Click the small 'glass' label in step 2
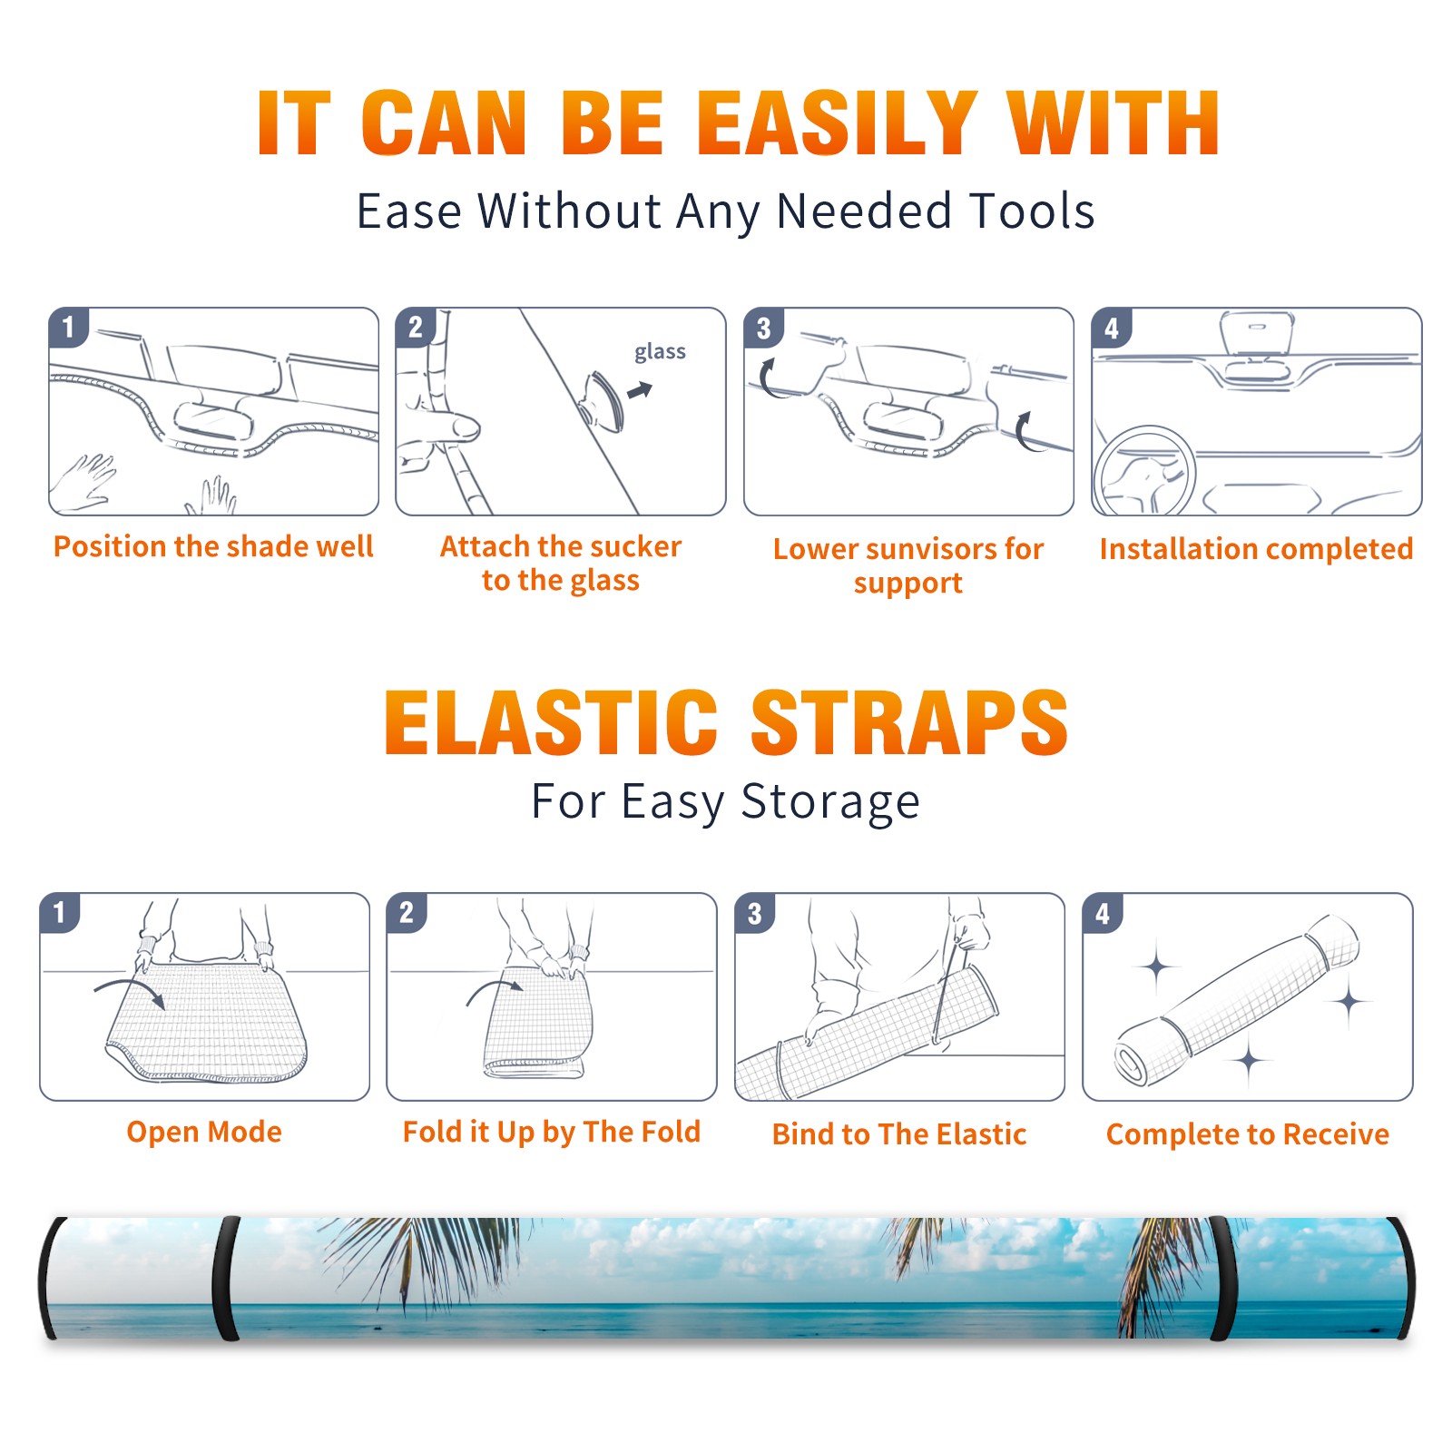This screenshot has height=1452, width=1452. click(660, 352)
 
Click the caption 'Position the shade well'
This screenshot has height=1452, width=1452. click(213, 546)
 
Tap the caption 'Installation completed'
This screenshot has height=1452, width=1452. click(1256, 548)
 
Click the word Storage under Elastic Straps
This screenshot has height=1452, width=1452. click(830, 802)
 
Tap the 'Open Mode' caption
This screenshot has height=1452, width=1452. click(204, 1132)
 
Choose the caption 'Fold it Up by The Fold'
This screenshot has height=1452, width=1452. click(552, 1132)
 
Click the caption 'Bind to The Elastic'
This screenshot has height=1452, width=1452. click(899, 1133)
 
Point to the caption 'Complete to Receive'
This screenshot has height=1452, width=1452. click(1248, 1134)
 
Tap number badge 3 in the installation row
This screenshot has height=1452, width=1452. click(763, 328)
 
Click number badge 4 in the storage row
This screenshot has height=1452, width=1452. click(1103, 913)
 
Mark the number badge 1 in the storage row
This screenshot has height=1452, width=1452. click(60, 913)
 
